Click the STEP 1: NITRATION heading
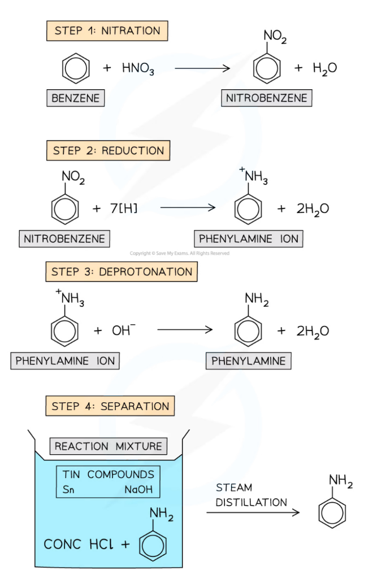(x=107, y=31)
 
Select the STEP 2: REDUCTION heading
(x=108, y=151)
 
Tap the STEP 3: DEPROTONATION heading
(x=122, y=272)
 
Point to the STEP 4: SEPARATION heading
(x=110, y=406)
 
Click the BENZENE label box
(x=76, y=98)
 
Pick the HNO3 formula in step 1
(x=138, y=69)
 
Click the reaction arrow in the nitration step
(x=202, y=68)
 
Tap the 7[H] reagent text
(x=123, y=208)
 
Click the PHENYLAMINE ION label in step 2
(x=248, y=239)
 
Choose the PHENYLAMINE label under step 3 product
(x=248, y=361)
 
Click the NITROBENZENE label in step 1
(x=267, y=98)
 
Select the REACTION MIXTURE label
(x=108, y=446)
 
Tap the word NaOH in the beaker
(x=138, y=490)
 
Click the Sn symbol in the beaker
(x=69, y=490)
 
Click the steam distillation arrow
(x=252, y=513)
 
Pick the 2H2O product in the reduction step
(x=313, y=208)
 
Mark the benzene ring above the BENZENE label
(x=76, y=69)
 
